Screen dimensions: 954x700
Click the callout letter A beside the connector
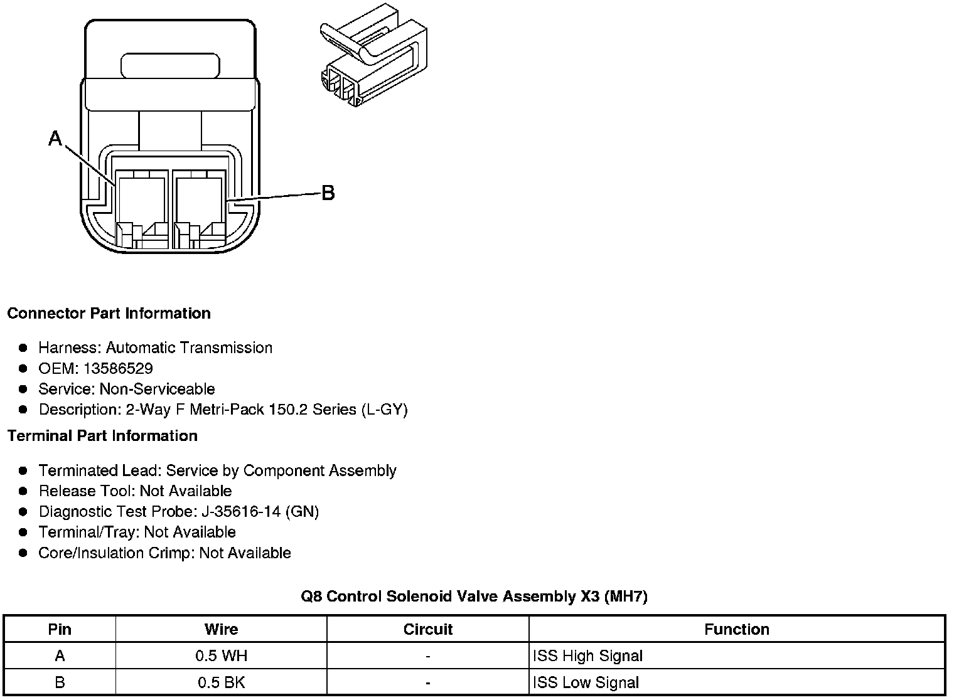[x=55, y=138]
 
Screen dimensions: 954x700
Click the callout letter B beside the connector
[x=328, y=193]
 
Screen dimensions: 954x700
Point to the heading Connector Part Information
[x=109, y=313]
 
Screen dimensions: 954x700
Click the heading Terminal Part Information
[x=102, y=435]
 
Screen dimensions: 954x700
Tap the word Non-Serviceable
[x=157, y=389]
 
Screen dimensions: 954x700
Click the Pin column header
[x=60, y=629]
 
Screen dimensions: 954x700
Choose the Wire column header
[x=221, y=629]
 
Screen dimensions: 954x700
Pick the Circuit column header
[x=427, y=629]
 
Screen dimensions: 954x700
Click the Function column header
[x=736, y=629]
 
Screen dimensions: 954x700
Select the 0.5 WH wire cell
[x=221, y=656]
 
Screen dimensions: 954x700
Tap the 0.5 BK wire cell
[x=221, y=682]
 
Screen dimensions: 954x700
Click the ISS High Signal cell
[x=587, y=656]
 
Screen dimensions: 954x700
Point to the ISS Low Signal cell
[x=586, y=682]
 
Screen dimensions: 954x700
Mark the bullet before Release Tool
[x=23, y=491]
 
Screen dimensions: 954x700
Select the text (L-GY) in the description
[x=384, y=410]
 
